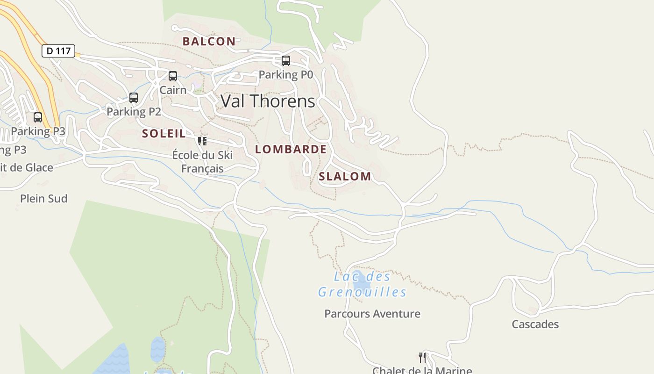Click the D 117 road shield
(58, 50)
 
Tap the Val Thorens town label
(268, 101)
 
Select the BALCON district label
(209, 41)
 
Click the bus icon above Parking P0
(285, 61)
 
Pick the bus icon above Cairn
(173, 76)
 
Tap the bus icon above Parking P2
(134, 98)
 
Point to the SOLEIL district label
(163, 133)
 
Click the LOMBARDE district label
(291, 150)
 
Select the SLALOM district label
(345, 176)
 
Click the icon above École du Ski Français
(202, 141)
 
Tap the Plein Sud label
(44, 199)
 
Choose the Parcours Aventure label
(372, 314)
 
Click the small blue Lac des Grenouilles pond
(361, 282)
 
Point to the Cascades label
(535, 324)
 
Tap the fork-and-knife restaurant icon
(422, 358)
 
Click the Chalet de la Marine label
(422, 370)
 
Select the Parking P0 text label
(285, 74)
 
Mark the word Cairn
(173, 90)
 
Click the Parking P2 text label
(134, 112)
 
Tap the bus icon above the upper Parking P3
(38, 117)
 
